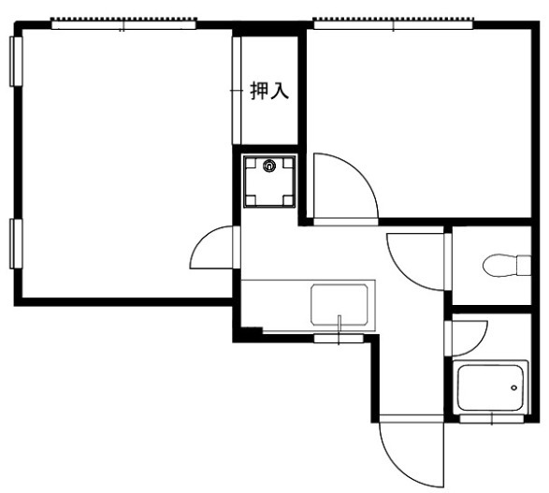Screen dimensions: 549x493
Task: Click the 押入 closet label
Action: click(x=269, y=91)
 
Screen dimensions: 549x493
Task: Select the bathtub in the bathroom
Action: click(x=490, y=387)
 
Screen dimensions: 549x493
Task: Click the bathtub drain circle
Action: click(x=514, y=387)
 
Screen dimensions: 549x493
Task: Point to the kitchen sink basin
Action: click(x=340, y=304)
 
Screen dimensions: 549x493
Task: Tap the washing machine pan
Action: click(x=269, y=181)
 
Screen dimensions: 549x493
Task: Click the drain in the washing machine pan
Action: click(x=269, y=166)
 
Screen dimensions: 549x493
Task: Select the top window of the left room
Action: click(x=123, y=24)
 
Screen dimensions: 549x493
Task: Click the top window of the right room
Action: click(x=394, y=24)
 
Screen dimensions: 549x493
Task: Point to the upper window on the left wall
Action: click(x=16, y=62)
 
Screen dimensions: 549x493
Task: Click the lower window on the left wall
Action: click(x=16, y=244)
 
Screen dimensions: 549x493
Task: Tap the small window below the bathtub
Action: click(x=492, y=419)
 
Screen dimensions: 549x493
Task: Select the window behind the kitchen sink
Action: click(x=339, y=339)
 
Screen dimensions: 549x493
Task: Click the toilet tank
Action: click(x=524, y=266)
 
